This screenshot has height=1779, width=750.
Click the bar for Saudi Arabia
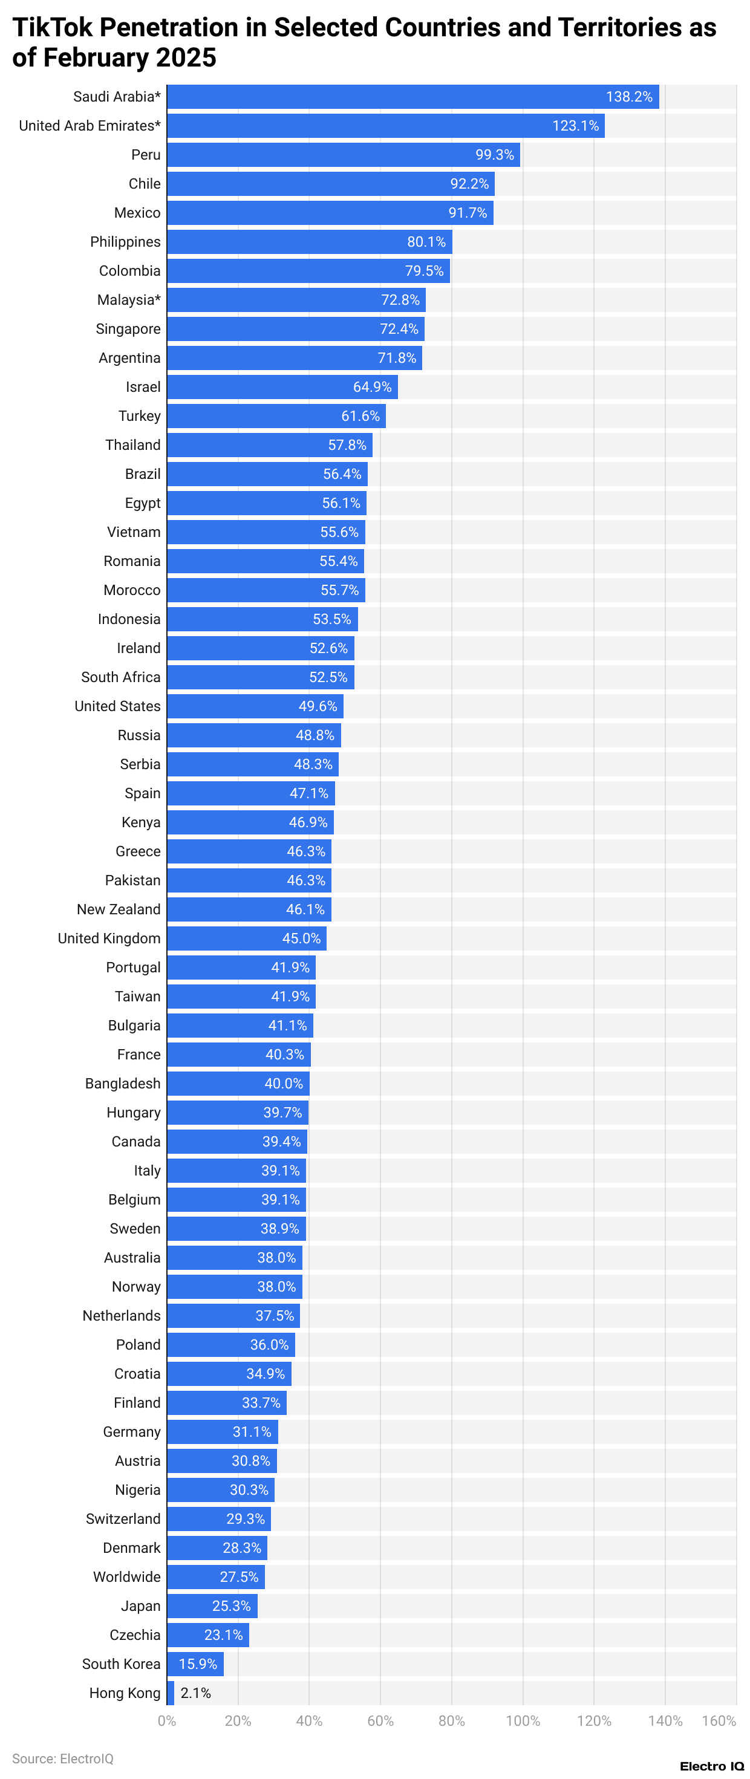pyautogui.click(x=412, y=97)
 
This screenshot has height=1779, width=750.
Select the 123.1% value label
pyautogui.click(x=575, y=126)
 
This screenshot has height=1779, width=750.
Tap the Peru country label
pyautogui.click(x=146, y=155)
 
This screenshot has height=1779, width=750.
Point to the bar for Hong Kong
pyautogui.click(x=171, y=1693)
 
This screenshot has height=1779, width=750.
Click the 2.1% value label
pyautogui.click(x=195, y=1693)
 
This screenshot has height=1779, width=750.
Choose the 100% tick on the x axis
pyautogui.click(x=523, y=1720)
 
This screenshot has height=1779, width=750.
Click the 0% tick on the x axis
pyautogui.click(x=167, y=1720)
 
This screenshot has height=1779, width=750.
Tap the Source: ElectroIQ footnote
pyautogui.click(x=63, y=1758)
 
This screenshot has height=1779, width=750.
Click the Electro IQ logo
pyautogui.click(x=711, y=1766)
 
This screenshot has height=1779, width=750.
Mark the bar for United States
pyautogui.click(x=255, y=706)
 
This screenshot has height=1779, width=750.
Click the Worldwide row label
pyautogui.click(x=127, y=1576)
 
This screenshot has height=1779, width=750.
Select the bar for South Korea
pyautogui.click(x=195, y=1664)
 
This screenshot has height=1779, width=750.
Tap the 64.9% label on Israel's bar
pyautogui.click(x=372, y=387)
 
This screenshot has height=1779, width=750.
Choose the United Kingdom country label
pyautogui.click(x=109, y=938)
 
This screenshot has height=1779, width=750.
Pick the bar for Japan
pyautogui.click(x=212, y=1605)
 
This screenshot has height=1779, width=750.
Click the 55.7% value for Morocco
pyautogui.click(x=339, y=590)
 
